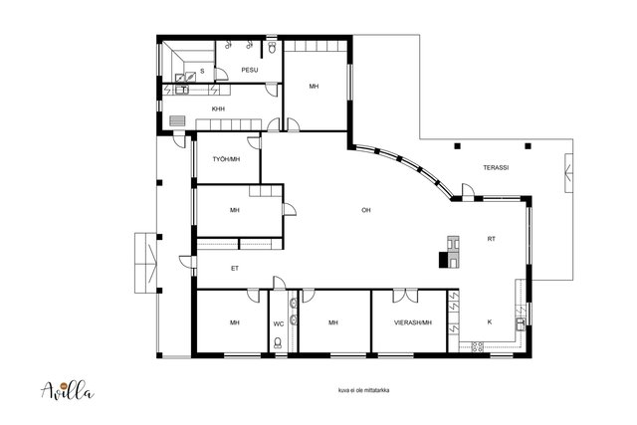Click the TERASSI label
[496, 167]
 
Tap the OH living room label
[366, 210]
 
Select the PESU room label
[250, 70]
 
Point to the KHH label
[218, 108]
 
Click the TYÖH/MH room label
[226, 159]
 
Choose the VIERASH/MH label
[413, 322]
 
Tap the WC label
[279, 323]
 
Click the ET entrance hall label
[235, 269]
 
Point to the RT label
[491, 239]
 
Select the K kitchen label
[490, 321]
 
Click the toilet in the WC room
[278, 343]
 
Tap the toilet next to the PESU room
[272, 48]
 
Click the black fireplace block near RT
[443, 260]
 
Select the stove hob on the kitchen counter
[477, 346]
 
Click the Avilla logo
[68, 391]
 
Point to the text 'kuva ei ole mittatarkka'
[364, 390]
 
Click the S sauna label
[202, 71]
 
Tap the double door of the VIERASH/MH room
[405, 296]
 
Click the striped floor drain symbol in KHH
[177, 121]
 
